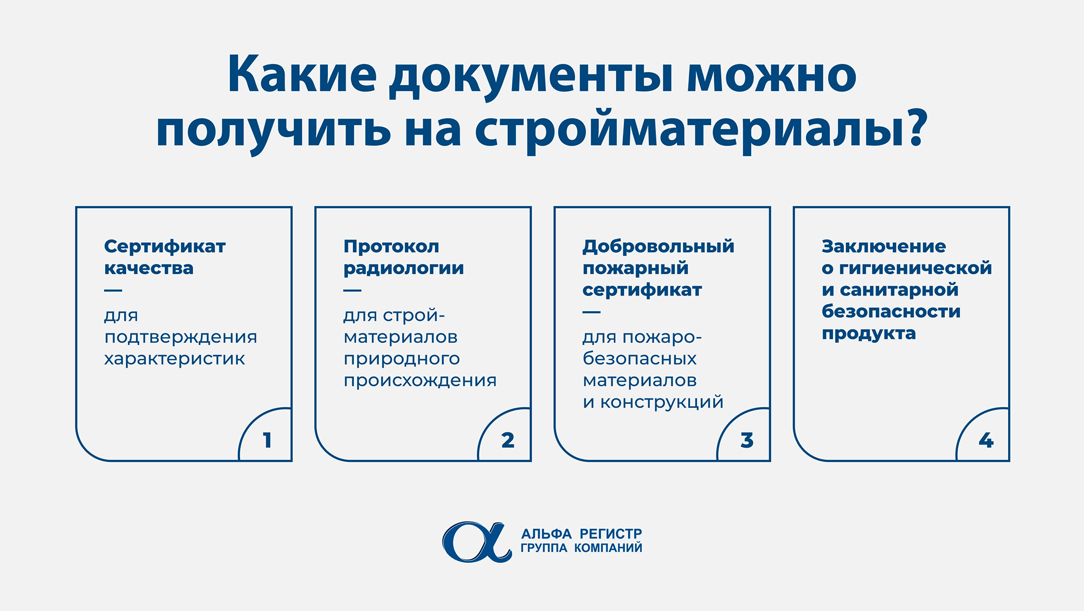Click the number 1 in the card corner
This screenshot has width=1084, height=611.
[267, 440]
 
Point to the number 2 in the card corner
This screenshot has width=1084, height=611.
[508, 440]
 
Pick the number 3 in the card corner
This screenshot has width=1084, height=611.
[747, 440]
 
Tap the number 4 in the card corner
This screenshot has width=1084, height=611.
[986, 440]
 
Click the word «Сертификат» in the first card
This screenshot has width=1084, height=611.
[165, 247]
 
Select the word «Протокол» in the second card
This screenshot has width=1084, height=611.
[391, 247]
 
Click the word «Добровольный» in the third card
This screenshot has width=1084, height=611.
[659, 247]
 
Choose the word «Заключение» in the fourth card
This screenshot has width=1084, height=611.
[884, 247]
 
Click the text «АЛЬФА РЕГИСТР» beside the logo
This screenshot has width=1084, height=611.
[582, 534]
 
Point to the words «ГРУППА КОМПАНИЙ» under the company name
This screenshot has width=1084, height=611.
[582, 548]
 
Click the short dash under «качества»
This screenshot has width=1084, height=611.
[113, 291]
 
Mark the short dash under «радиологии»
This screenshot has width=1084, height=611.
[352, 291]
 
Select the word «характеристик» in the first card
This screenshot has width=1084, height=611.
[175, 359]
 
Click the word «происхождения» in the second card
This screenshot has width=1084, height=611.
[420, 381]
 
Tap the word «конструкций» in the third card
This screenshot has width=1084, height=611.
[662, 403]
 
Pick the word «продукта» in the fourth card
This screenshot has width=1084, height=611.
[869, 334]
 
